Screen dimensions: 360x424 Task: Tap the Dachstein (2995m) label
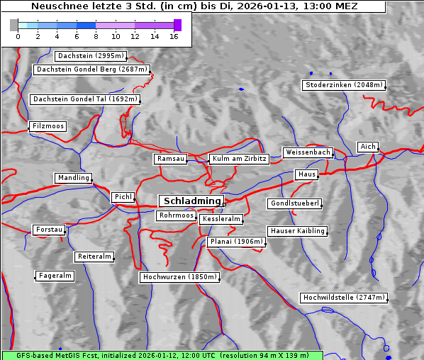tap(90, 56)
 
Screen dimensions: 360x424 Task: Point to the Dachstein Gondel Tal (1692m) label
tap(84, 99)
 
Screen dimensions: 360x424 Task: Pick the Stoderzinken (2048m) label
tap(343, 85)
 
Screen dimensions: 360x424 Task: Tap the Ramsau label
tap(171, 159)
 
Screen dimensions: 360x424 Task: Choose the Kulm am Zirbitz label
tap(239, 159)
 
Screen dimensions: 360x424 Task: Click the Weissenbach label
tap(307, 152)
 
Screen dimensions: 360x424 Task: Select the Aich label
tap(367, 147)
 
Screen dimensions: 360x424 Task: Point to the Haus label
tap(306, 174)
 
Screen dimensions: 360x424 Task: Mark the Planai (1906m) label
tap(236, 242)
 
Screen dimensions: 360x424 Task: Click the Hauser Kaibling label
tap(297, 230)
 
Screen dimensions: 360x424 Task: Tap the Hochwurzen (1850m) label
tap(179, 277)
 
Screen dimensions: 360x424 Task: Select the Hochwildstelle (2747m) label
tap(345, 298)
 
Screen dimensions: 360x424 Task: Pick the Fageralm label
tap(55, 276)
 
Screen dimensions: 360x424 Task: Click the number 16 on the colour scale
tap(174, 36)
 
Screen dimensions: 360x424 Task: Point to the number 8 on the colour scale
tap(96, 36)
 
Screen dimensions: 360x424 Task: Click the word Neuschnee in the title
tap(58, 6)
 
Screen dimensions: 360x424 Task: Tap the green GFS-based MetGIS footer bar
tap(162, 355)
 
